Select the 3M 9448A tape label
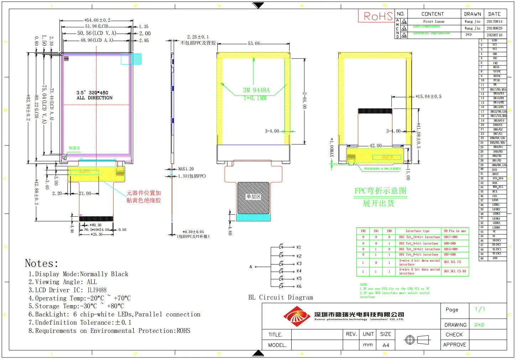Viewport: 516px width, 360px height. click(x=256, y=90)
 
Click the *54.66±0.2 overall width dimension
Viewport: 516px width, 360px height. click(x=97, y=20)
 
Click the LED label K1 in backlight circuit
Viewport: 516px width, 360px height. click(x=299, y=247)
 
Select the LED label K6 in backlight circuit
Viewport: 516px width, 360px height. click(x=299, y=286)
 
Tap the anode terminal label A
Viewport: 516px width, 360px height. click(x=251, y=267)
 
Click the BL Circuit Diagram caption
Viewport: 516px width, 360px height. click(x=281, y=298)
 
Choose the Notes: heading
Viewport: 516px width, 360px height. click(x=41, y=263)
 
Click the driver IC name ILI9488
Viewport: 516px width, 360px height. click(x=97, y=290)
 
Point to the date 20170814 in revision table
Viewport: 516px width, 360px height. click(x=494, y=22)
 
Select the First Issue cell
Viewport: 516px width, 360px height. click(x=434, y=22)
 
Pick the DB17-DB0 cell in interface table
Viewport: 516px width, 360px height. click(x=450, y=237)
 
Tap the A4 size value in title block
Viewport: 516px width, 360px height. click(x=386, y=345)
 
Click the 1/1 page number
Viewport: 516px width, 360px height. click(x=480, y=309)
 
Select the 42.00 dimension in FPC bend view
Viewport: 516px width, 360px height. click(x=375, y=146)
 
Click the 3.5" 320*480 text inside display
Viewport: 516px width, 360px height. click(x=92, y=93)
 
